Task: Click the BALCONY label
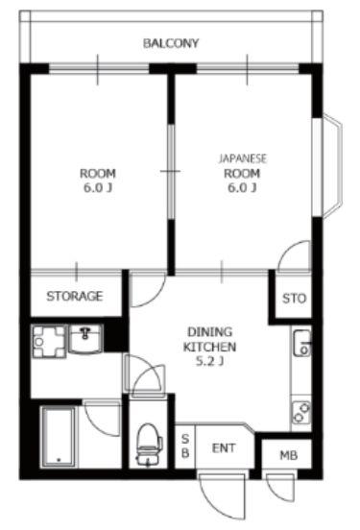point(171,43)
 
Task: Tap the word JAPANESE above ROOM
point(242,158)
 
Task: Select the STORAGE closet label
point(74,296)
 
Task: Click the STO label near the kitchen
point(294,298)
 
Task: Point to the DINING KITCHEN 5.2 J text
point(209,347)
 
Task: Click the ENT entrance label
point(224,448)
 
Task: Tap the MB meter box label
point(289,456)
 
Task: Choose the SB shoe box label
point(185,446)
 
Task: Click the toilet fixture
point(149,445)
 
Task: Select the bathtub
point(59,437)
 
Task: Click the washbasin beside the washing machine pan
point(85,339)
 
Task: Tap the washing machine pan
point(49,342)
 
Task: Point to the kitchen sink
point(301,343)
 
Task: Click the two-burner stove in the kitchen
point(301,413)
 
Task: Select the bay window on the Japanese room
point(328,166)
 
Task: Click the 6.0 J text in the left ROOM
point(98,187)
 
